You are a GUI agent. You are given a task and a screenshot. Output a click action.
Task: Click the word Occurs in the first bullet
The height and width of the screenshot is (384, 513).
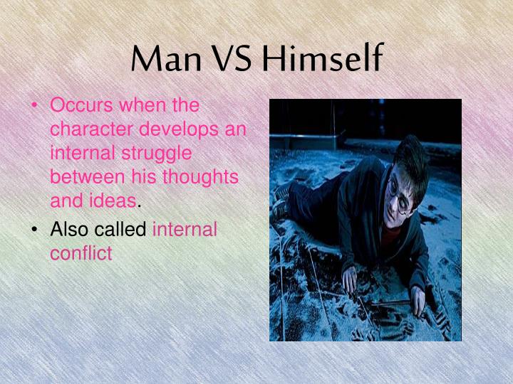(82, 107)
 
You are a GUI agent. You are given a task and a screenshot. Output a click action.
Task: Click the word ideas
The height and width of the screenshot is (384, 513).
(115, 201)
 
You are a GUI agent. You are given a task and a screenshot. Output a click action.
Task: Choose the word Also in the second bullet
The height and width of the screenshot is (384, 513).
(68, 230)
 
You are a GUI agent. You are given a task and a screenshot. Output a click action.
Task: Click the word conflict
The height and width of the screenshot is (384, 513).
(81, 253)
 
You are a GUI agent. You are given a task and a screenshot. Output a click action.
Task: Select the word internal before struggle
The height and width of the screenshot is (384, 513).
(78, 154)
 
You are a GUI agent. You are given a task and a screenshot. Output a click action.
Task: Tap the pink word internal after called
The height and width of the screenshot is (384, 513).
(185, 230)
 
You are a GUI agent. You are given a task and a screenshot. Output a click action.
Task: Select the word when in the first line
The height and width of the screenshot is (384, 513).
(143, 107)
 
